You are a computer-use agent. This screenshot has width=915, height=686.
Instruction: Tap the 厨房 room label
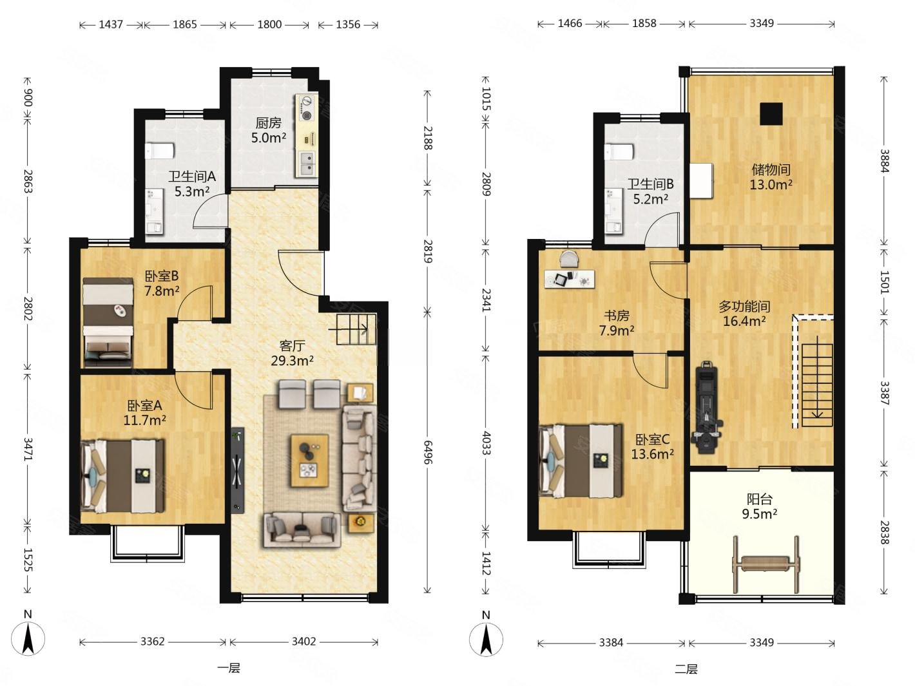(268, 123)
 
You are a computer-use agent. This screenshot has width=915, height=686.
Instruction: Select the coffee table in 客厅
(309, 461)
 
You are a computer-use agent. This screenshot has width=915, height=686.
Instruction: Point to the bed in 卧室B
(108, 322)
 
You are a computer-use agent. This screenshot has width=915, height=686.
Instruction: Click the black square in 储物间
(771, 114)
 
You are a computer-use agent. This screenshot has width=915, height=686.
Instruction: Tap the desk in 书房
(569, 278)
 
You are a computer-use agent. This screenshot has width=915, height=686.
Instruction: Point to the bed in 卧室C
(581, 461)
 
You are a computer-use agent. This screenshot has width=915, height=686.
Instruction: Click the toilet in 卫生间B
(619, 151)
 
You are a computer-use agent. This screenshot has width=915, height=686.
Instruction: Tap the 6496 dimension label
(427, 452)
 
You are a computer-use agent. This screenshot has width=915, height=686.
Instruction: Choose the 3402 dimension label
(303, 641)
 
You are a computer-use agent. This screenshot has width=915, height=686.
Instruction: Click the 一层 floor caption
(229, 669)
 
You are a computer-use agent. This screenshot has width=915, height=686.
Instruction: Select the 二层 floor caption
(686, 669)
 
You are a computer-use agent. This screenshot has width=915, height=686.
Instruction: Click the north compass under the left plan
(28, 638)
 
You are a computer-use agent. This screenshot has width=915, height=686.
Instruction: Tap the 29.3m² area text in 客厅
(292, 361)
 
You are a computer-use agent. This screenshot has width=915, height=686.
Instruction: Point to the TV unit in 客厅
(238, 470)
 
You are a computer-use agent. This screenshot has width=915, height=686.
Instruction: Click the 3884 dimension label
(884, 161)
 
